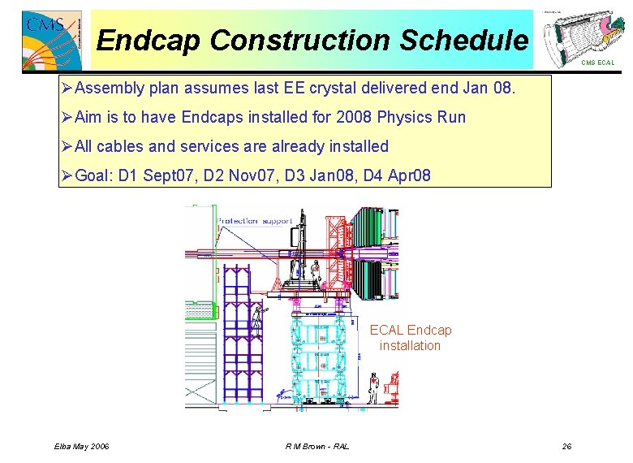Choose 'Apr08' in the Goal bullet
(411, 176)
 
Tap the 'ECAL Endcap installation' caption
(411, 338)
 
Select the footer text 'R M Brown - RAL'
(317, 446)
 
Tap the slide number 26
(566, 446)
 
